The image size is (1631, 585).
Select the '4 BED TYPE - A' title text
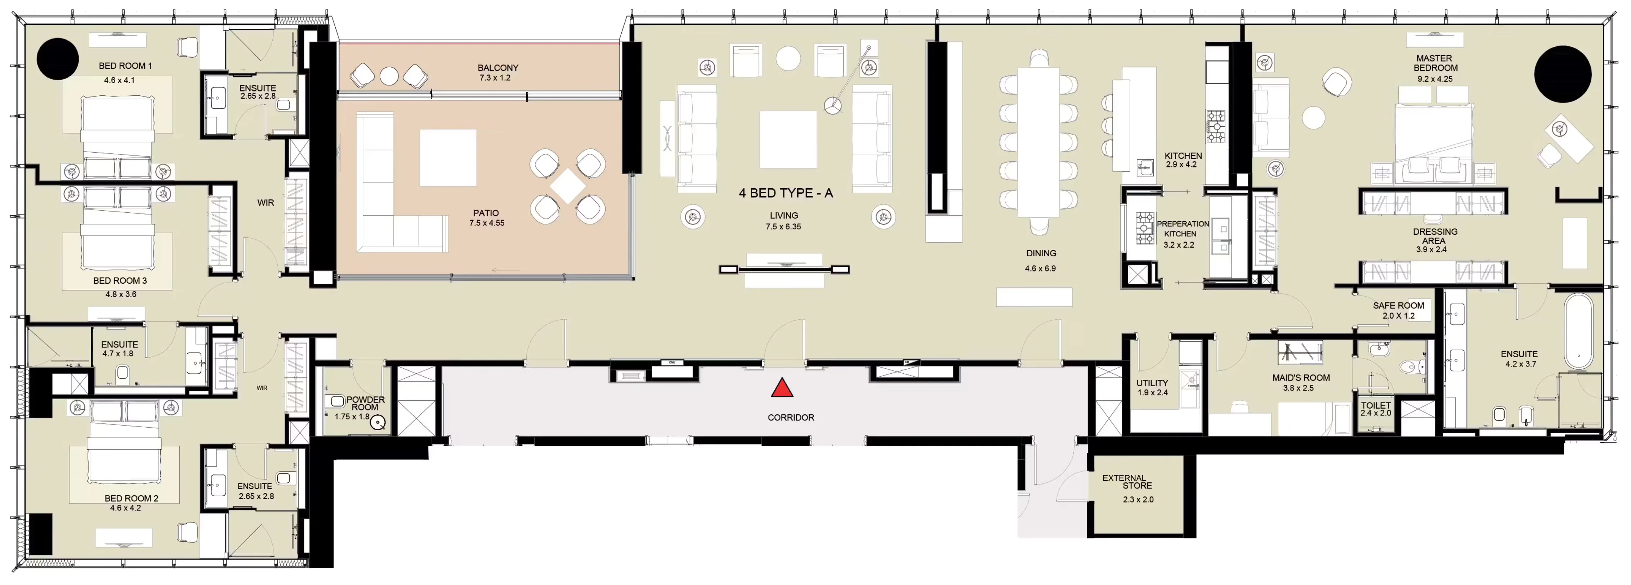click(786, 193)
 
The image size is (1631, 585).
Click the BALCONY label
click(498, 68)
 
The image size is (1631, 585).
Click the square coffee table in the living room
click(788, 139)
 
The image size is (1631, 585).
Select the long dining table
click(1038, 143)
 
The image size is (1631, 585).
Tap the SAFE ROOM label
click(1398, 306)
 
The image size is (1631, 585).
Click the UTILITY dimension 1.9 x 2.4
click(1152, 392)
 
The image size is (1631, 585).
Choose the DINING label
click(1041, 253)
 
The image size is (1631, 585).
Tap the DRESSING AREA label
click(1435, 236)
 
